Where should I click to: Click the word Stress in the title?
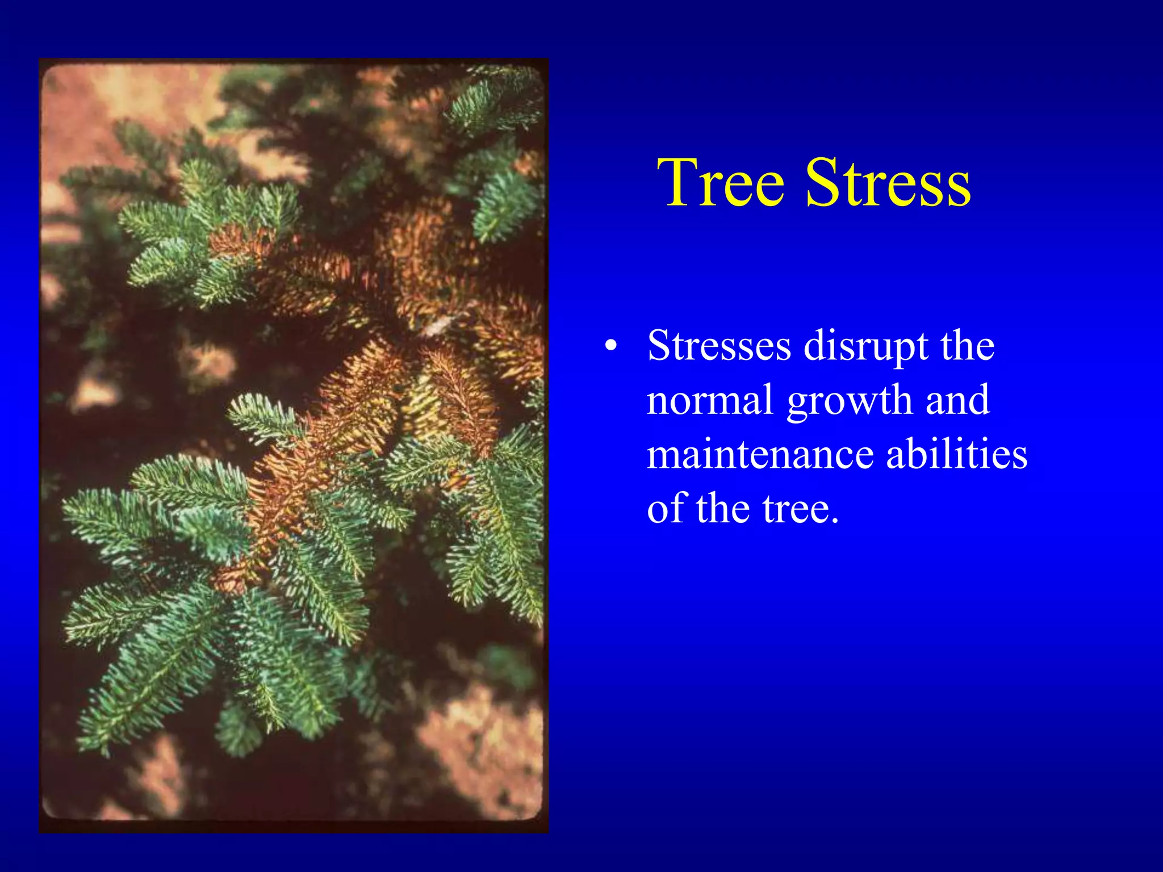click(x=888, y=183)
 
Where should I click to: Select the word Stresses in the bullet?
click(x=719, y=346)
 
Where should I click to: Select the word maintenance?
click(x=760, y=454)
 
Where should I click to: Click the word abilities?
click(x=957, y=454)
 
